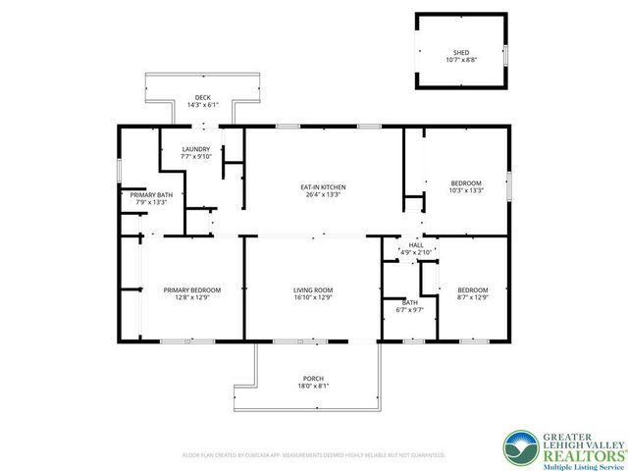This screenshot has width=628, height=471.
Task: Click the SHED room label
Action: click(x=460, y=52)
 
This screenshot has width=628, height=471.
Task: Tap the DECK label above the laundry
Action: click(x=202, y=97)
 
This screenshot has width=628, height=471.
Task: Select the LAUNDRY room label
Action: click(x=195, y=149)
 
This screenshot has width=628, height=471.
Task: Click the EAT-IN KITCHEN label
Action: click(x=323, y=187)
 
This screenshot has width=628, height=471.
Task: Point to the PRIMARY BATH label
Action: click(x=151, y=195)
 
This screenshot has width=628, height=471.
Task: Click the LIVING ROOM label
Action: click(x=313, y=289)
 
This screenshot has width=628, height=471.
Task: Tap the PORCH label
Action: click(x=313, y=379)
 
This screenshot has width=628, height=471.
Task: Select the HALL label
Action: click(x=416, y=245)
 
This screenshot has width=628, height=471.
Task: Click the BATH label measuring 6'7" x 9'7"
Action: click(x=409, y=302)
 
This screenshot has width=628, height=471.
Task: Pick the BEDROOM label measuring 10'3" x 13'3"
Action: click(x=466, y=183)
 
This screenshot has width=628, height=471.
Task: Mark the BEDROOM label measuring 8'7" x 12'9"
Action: click(x=472, y=289)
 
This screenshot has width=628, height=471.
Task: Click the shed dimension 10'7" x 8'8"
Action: click(x=460, y=60)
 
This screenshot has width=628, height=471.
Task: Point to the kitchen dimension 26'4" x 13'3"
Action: click(x=323, y=195)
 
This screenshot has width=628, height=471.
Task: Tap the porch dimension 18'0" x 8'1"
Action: click(x=313, y=387)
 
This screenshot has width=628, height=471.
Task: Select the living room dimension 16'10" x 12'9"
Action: click(x=313, y=297)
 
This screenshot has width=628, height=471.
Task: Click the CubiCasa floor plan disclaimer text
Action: click(x=313, y=455)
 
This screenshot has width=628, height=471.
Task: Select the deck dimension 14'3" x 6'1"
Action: click(x=202, y=105)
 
